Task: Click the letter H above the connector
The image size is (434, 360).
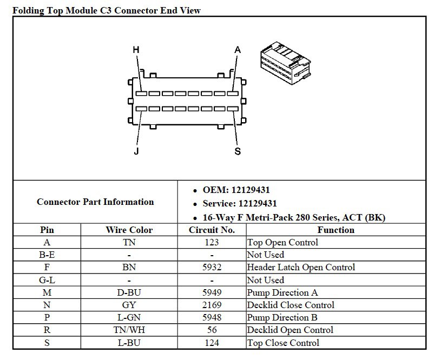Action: (x=136, y=50)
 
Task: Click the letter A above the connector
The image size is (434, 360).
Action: (x=238, y=50)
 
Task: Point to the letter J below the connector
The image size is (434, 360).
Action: (x=136, y=151)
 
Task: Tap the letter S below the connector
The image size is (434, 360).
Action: (x=238, y=151)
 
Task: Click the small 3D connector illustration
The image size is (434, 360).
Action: (x=285, y=63)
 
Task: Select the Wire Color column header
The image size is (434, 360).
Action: (x=129, y=230)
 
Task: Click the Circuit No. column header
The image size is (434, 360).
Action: (x=212, y=230)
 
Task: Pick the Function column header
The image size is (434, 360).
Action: (x=336, y=230)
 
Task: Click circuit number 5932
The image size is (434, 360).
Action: (x=212, y=267)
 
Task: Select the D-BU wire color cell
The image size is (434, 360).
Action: (x=129, y=292)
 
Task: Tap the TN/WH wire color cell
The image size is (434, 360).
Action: (x=129, y=330)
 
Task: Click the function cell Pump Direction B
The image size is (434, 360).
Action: (x=282, y=317)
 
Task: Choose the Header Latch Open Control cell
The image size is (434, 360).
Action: (x=301, y=267)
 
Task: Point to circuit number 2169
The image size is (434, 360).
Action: (x=212, y=305)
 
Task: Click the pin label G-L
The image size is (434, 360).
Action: (x=47, y=280)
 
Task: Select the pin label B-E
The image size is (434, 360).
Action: (x=47, y=255)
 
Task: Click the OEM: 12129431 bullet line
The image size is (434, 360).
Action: (x=236, y=190)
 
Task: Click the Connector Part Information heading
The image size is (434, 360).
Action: (x=95, y=202)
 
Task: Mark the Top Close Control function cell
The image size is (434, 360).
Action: (x=283, y=343)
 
